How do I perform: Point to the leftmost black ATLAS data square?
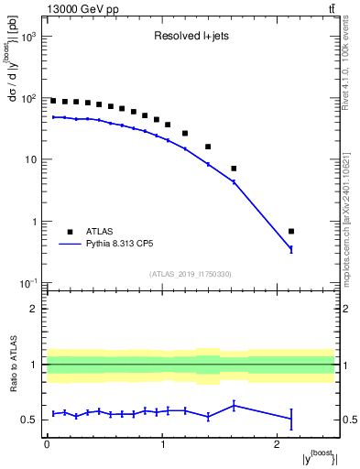[53, 101]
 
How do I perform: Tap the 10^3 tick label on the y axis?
[27, 36]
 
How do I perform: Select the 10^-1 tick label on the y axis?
[27, 283]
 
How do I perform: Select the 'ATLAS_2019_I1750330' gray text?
[190, 274]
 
